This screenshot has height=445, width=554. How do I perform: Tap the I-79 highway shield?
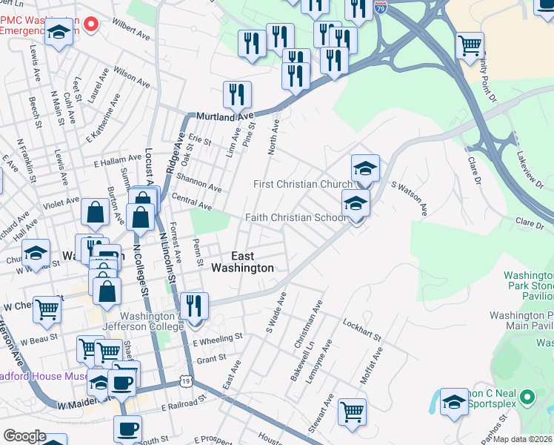[381, 8]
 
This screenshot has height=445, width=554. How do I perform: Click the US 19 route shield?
[184, 381]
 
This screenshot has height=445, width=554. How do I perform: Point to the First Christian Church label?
[301, 184]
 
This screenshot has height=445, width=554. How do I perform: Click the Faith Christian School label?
[296, 218]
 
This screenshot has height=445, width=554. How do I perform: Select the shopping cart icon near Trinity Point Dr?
[470, 46]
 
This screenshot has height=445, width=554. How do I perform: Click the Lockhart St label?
[361, 331]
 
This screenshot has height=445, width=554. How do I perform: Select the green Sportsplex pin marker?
[527, 397]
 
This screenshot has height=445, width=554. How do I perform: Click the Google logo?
[24, 436]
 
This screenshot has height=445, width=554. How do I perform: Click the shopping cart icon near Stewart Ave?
[352, 412]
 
